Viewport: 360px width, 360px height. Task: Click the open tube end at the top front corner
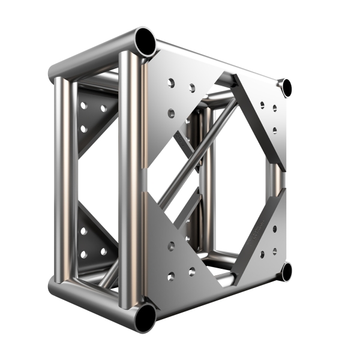(146, 40)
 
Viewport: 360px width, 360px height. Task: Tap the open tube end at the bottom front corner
(145, 317)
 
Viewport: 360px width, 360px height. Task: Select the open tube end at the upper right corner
(287, 88)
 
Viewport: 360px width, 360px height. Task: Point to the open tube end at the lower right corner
(286, 271)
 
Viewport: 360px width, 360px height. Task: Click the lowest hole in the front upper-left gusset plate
(172, 112)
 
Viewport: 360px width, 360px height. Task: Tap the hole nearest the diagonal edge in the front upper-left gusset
(192, 89)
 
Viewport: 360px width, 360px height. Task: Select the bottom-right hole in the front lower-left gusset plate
(192, 272)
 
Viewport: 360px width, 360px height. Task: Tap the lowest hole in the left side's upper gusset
(84, 128)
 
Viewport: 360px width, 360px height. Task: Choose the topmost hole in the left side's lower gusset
(84, 230)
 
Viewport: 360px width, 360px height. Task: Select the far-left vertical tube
(61, 180)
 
